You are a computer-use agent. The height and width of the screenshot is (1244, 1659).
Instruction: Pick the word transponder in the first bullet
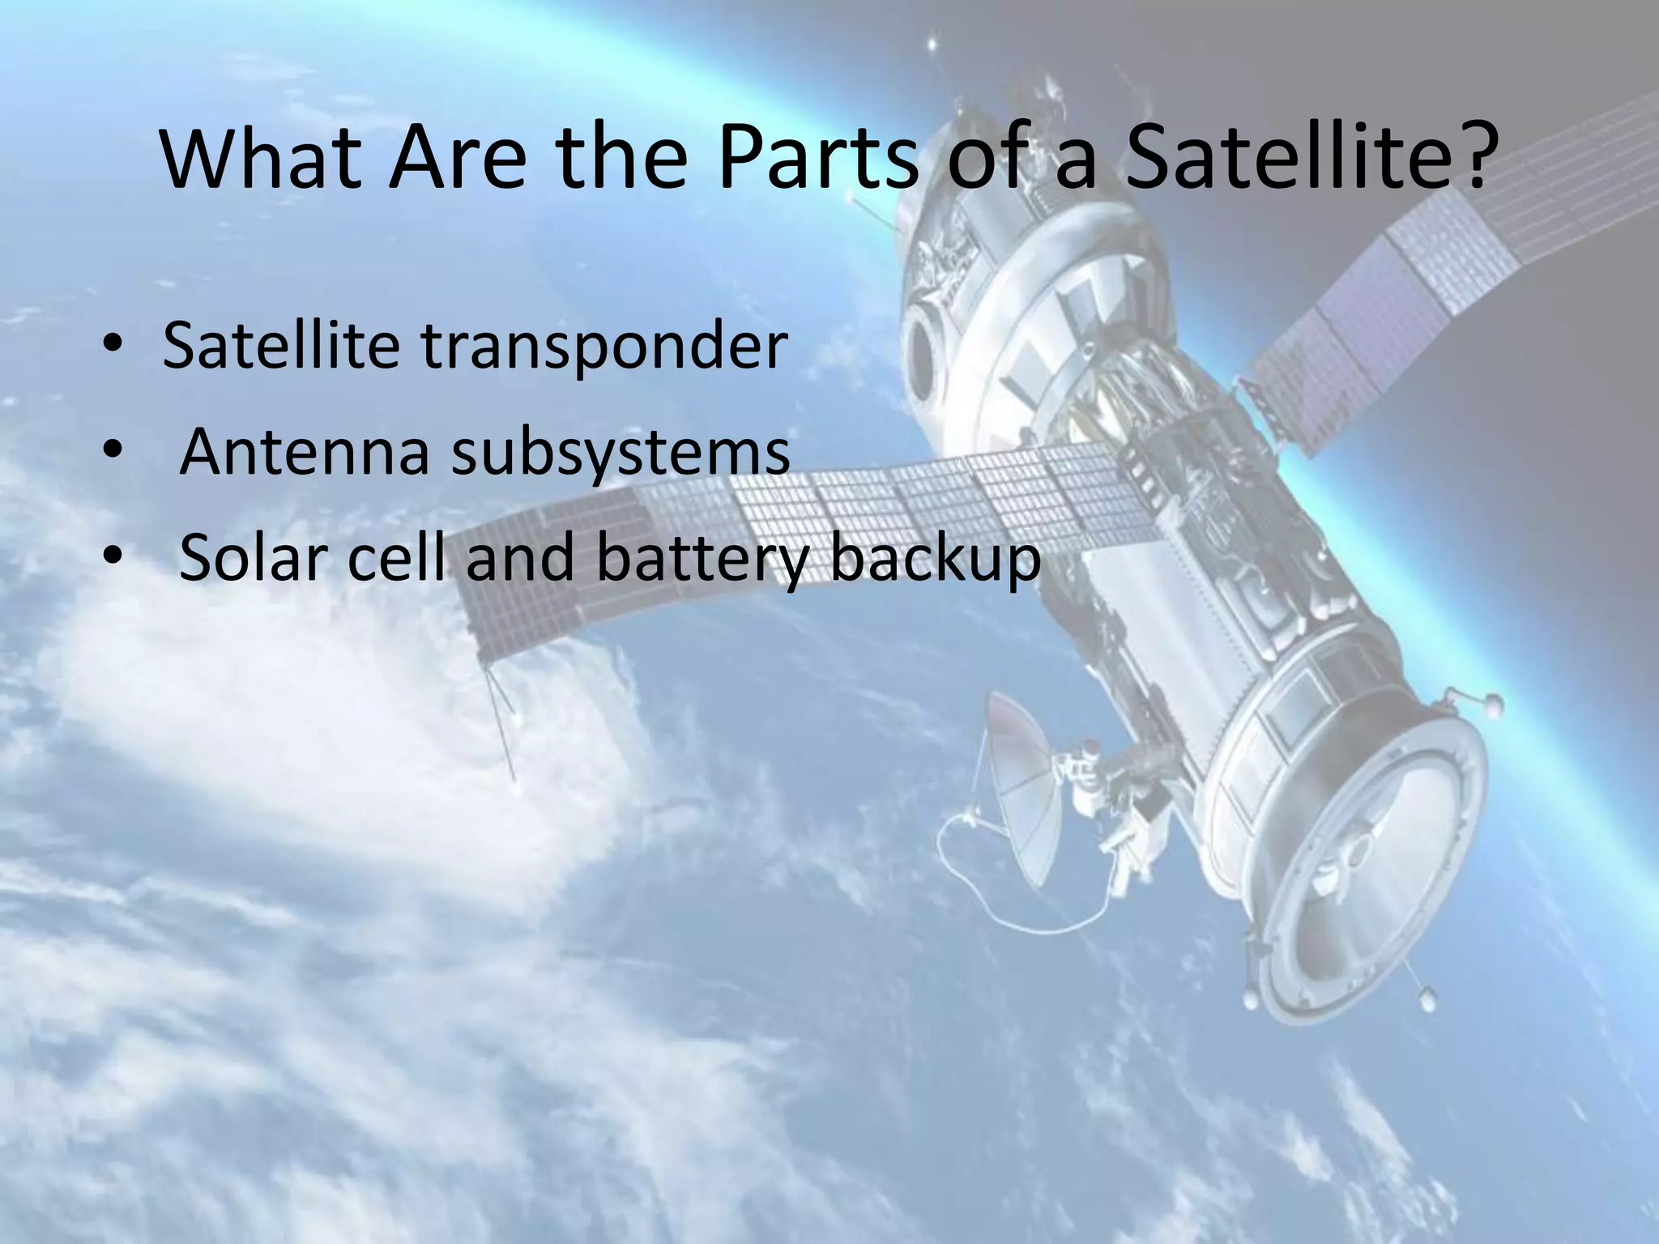603,347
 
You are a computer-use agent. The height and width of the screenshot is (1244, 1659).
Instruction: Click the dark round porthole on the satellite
923,356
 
